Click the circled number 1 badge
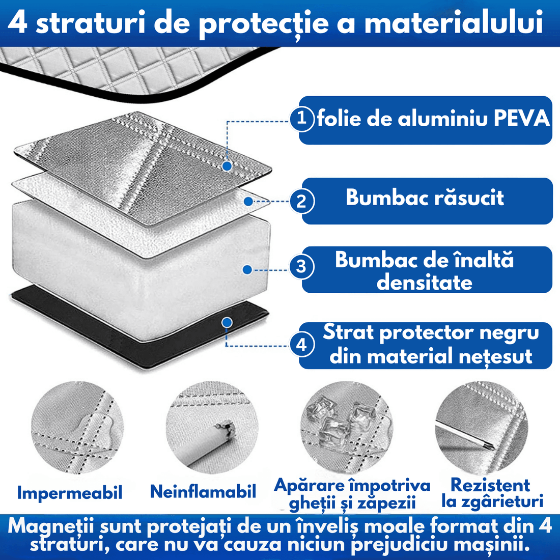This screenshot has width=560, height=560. click(x=302, y=119)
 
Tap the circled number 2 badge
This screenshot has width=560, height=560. click(x=302, y=201)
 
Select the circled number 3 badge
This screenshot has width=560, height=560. click(x=302, y=267)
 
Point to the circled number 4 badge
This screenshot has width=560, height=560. click(x=302, y=345)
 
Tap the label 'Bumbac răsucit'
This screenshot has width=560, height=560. click(x=425, y=198)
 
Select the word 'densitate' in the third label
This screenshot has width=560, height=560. click(x=425, y=282)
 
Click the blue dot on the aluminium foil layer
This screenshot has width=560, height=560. click(x=228, y=166)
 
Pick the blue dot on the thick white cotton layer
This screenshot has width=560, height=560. click(x=247, y=270)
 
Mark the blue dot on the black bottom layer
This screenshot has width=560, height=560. click(x=227, y=322)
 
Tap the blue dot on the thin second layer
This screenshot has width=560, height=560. click(x=248, y=202)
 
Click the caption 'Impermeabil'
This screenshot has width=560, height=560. click(x=70, y=493)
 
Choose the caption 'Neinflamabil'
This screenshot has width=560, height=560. click(x=203, y=492)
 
